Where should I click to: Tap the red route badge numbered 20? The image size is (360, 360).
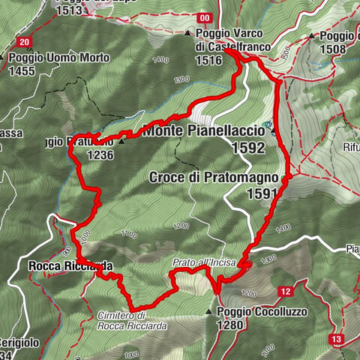[x=25, y=42]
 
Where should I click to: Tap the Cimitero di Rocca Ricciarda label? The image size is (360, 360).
[x=131, y=321]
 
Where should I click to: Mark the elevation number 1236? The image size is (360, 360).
[x=101, y=154]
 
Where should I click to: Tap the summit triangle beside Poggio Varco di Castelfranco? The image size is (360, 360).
[x=187, y=34]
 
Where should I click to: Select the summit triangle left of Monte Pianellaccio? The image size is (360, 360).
[x=121, y=140]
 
